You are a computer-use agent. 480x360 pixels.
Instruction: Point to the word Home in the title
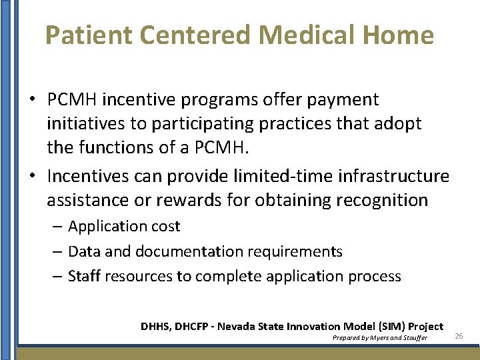click(x=399, y=35)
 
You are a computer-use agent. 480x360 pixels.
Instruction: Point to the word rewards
click(x=205, y=200)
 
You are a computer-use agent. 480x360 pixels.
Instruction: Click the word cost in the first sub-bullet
click(x=167, y=227)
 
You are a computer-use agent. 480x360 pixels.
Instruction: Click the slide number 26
click(x=459, y=335)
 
